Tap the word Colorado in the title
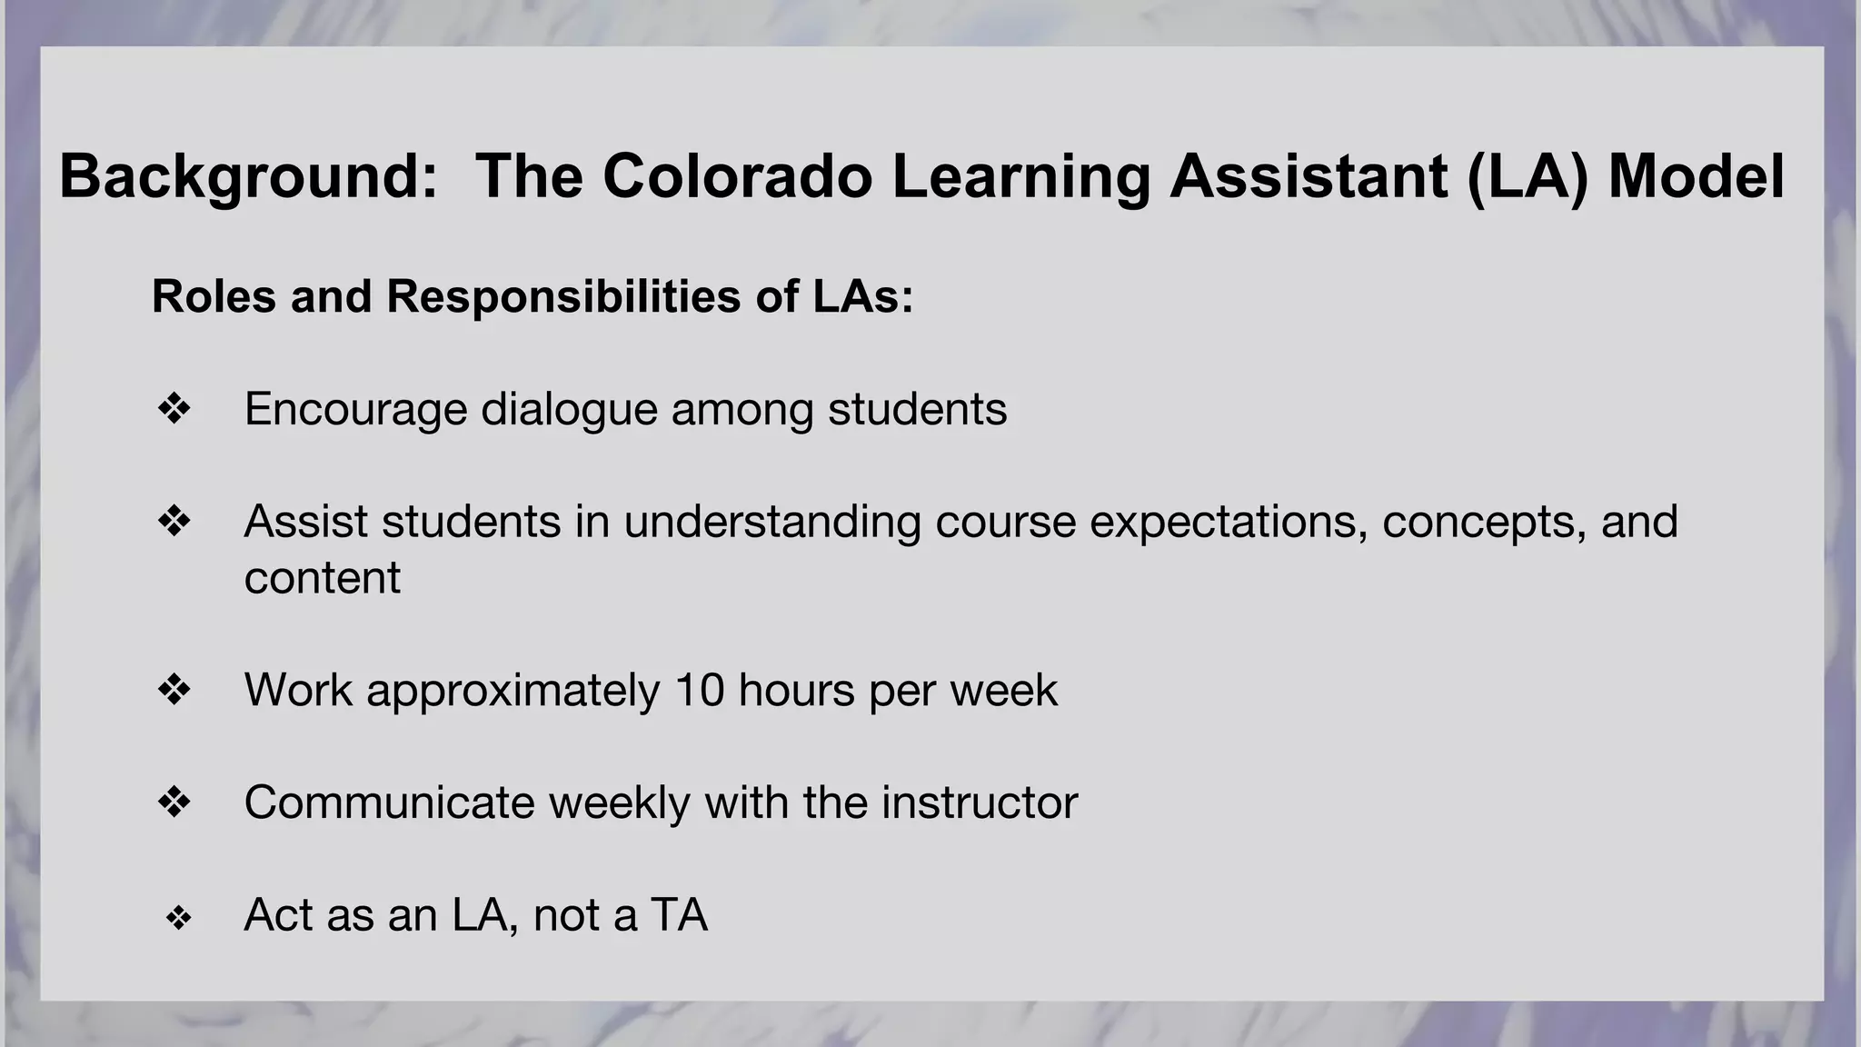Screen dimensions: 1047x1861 (737, 176)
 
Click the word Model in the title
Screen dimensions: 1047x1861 (1696, 176)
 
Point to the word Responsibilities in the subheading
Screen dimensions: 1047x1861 (563, 296)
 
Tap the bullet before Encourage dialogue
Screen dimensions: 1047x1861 (174, 409)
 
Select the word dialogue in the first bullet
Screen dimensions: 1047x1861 (569, 409)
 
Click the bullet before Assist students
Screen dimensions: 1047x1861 (174, 522)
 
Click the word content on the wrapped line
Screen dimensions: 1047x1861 (322, 578)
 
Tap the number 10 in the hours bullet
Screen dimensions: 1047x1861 (699, 690)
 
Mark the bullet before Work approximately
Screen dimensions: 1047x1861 (174, 690)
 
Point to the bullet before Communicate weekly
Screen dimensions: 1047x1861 (174, 803)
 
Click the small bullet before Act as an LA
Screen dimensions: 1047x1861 (178, 918)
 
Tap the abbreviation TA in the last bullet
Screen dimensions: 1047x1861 (679, 915)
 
